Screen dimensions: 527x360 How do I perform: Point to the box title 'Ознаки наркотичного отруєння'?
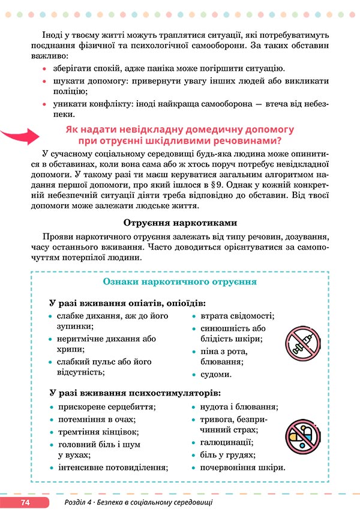pyautogui.click(x=180, y=281)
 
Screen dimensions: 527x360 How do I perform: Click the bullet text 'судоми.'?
pyautogui.click(x=215, y=374)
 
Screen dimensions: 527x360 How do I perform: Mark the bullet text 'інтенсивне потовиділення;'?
pyautogui.click(x=112, y=467)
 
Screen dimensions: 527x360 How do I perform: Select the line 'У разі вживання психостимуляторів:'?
pyautogui.click(x=134, y=393)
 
